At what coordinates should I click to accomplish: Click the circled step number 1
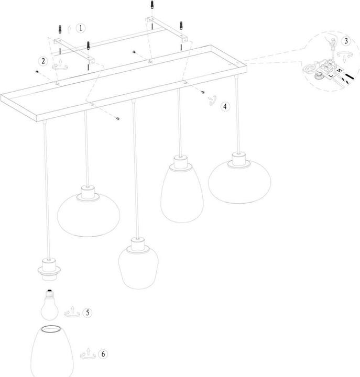(x=80, y=28)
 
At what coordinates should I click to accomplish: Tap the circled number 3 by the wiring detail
(x=345, y=41)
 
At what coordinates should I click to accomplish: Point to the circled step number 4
(x=225, y=106)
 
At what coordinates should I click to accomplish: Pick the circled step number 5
(x=88, y=312)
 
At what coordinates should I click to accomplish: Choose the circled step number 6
(x=103, y=354)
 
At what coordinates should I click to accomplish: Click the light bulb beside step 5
(x=51, y=305)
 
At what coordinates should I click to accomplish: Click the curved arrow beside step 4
(x=212, y=99)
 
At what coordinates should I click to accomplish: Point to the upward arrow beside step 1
(x=69, y=27)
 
